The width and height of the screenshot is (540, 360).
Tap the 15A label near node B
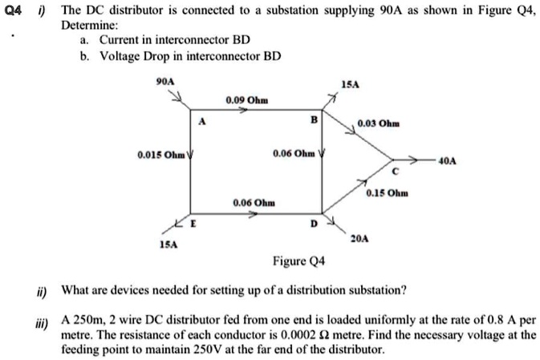click(x=351, y=83)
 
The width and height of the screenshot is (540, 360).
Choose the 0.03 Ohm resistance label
click(x=379, y=123)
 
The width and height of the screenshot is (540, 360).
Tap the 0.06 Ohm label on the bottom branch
click(x=254, y=204)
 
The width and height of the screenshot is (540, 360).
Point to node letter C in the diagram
click(x=394, y=170)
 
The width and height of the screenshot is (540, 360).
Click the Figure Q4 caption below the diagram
click(x=298, y=261)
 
